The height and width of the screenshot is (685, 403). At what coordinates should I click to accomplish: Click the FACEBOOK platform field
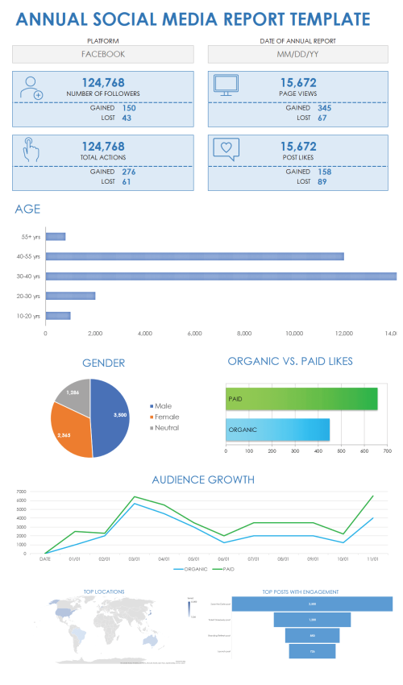click(x=103, y=54)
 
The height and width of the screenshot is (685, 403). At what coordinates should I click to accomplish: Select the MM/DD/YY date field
click(x=299, y=54)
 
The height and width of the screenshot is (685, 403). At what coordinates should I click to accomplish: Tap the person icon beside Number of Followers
click(x=31, y=88)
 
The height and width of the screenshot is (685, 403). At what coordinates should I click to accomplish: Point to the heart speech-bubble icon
click(x=226, y=149)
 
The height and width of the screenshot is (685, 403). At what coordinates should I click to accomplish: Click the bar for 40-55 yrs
click(x=194, y=256)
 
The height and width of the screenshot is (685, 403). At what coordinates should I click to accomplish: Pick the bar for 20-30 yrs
click(x=70, y=296)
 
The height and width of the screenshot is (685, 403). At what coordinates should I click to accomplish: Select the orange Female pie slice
click(x=69, y=429)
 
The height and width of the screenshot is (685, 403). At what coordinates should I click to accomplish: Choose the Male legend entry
click(x=163, y=405)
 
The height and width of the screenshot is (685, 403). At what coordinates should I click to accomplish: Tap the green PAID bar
click(x=301, y=399)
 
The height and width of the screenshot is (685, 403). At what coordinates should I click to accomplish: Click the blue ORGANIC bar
click(x=277, y=430)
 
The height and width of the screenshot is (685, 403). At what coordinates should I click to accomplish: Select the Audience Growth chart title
click(x=201, y=479)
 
